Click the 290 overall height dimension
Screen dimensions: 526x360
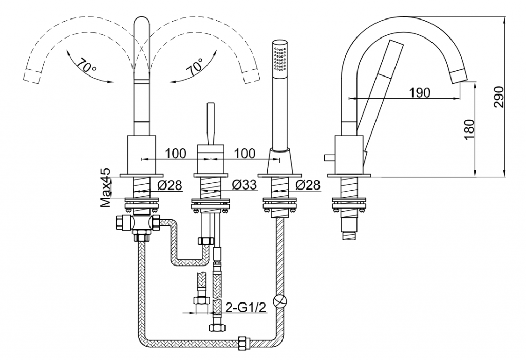click(x=499, y=97)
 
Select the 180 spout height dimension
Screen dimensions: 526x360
click(x=469, y=129)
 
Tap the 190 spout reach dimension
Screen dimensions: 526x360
click(x=420, y=92)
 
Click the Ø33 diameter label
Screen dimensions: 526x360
click(x=244, y=184)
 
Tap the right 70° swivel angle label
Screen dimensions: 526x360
click(x=196, y=66)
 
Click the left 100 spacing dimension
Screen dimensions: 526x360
click(x=176, y=154)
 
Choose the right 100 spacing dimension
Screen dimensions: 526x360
click(x=245, y=154)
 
